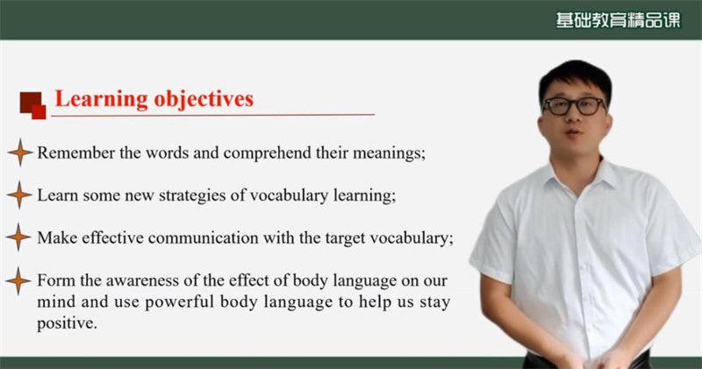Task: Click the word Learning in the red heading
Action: coord(101,99)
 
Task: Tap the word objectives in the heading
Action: coord(204,99)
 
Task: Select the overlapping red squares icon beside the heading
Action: coord(32,105)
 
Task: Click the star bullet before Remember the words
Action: coord(20,153)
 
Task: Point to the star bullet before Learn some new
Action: coord(19,195)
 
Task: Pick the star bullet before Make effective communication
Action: coord(18,237)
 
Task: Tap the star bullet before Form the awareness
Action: coord(18,281)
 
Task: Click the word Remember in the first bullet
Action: coord(76,153)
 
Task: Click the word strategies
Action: coord(192,196)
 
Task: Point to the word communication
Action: coord(204,238)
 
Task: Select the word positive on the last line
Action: coord(67,323)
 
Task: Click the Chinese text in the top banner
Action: coord(618,20)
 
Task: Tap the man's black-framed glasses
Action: coord(574,106)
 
